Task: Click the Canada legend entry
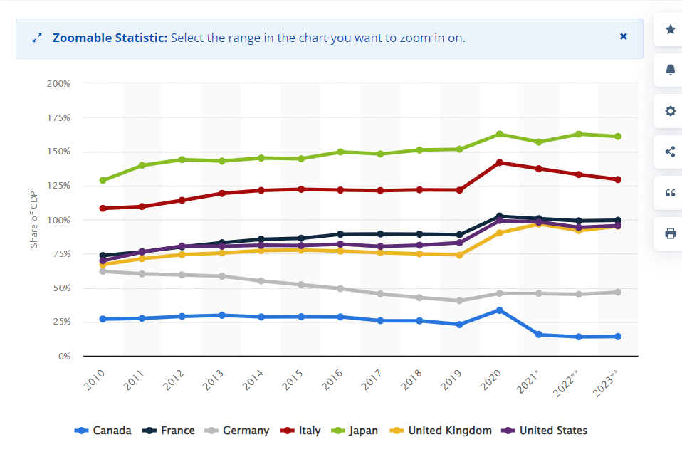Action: click(x=103, y=431)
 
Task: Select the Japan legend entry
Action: click(x=355, y=431)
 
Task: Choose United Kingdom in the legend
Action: click(x=441, y=431)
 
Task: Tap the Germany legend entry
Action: click(x=237, y=431)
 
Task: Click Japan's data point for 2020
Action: click(x=500, y=134)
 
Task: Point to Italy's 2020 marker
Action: click(x=500, y=163)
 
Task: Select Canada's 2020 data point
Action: click(x=500, y=310)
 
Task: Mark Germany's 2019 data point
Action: click(x=460, y=300)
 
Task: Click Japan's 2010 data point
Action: click(x=103, y=180)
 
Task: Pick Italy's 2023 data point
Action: click(x=618, y=179)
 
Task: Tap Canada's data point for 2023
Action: click(x=618, y=337)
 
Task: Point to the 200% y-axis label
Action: click(x=58, y=83)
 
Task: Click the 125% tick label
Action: click(x=58, y=186)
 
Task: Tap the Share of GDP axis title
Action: click(x=33, y=220)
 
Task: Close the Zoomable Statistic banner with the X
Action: click(x=624, y=36)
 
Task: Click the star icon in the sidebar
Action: click(x=670, y=30)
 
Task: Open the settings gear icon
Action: click(x=670, y=111)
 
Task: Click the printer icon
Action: click(x=670, y=233)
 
